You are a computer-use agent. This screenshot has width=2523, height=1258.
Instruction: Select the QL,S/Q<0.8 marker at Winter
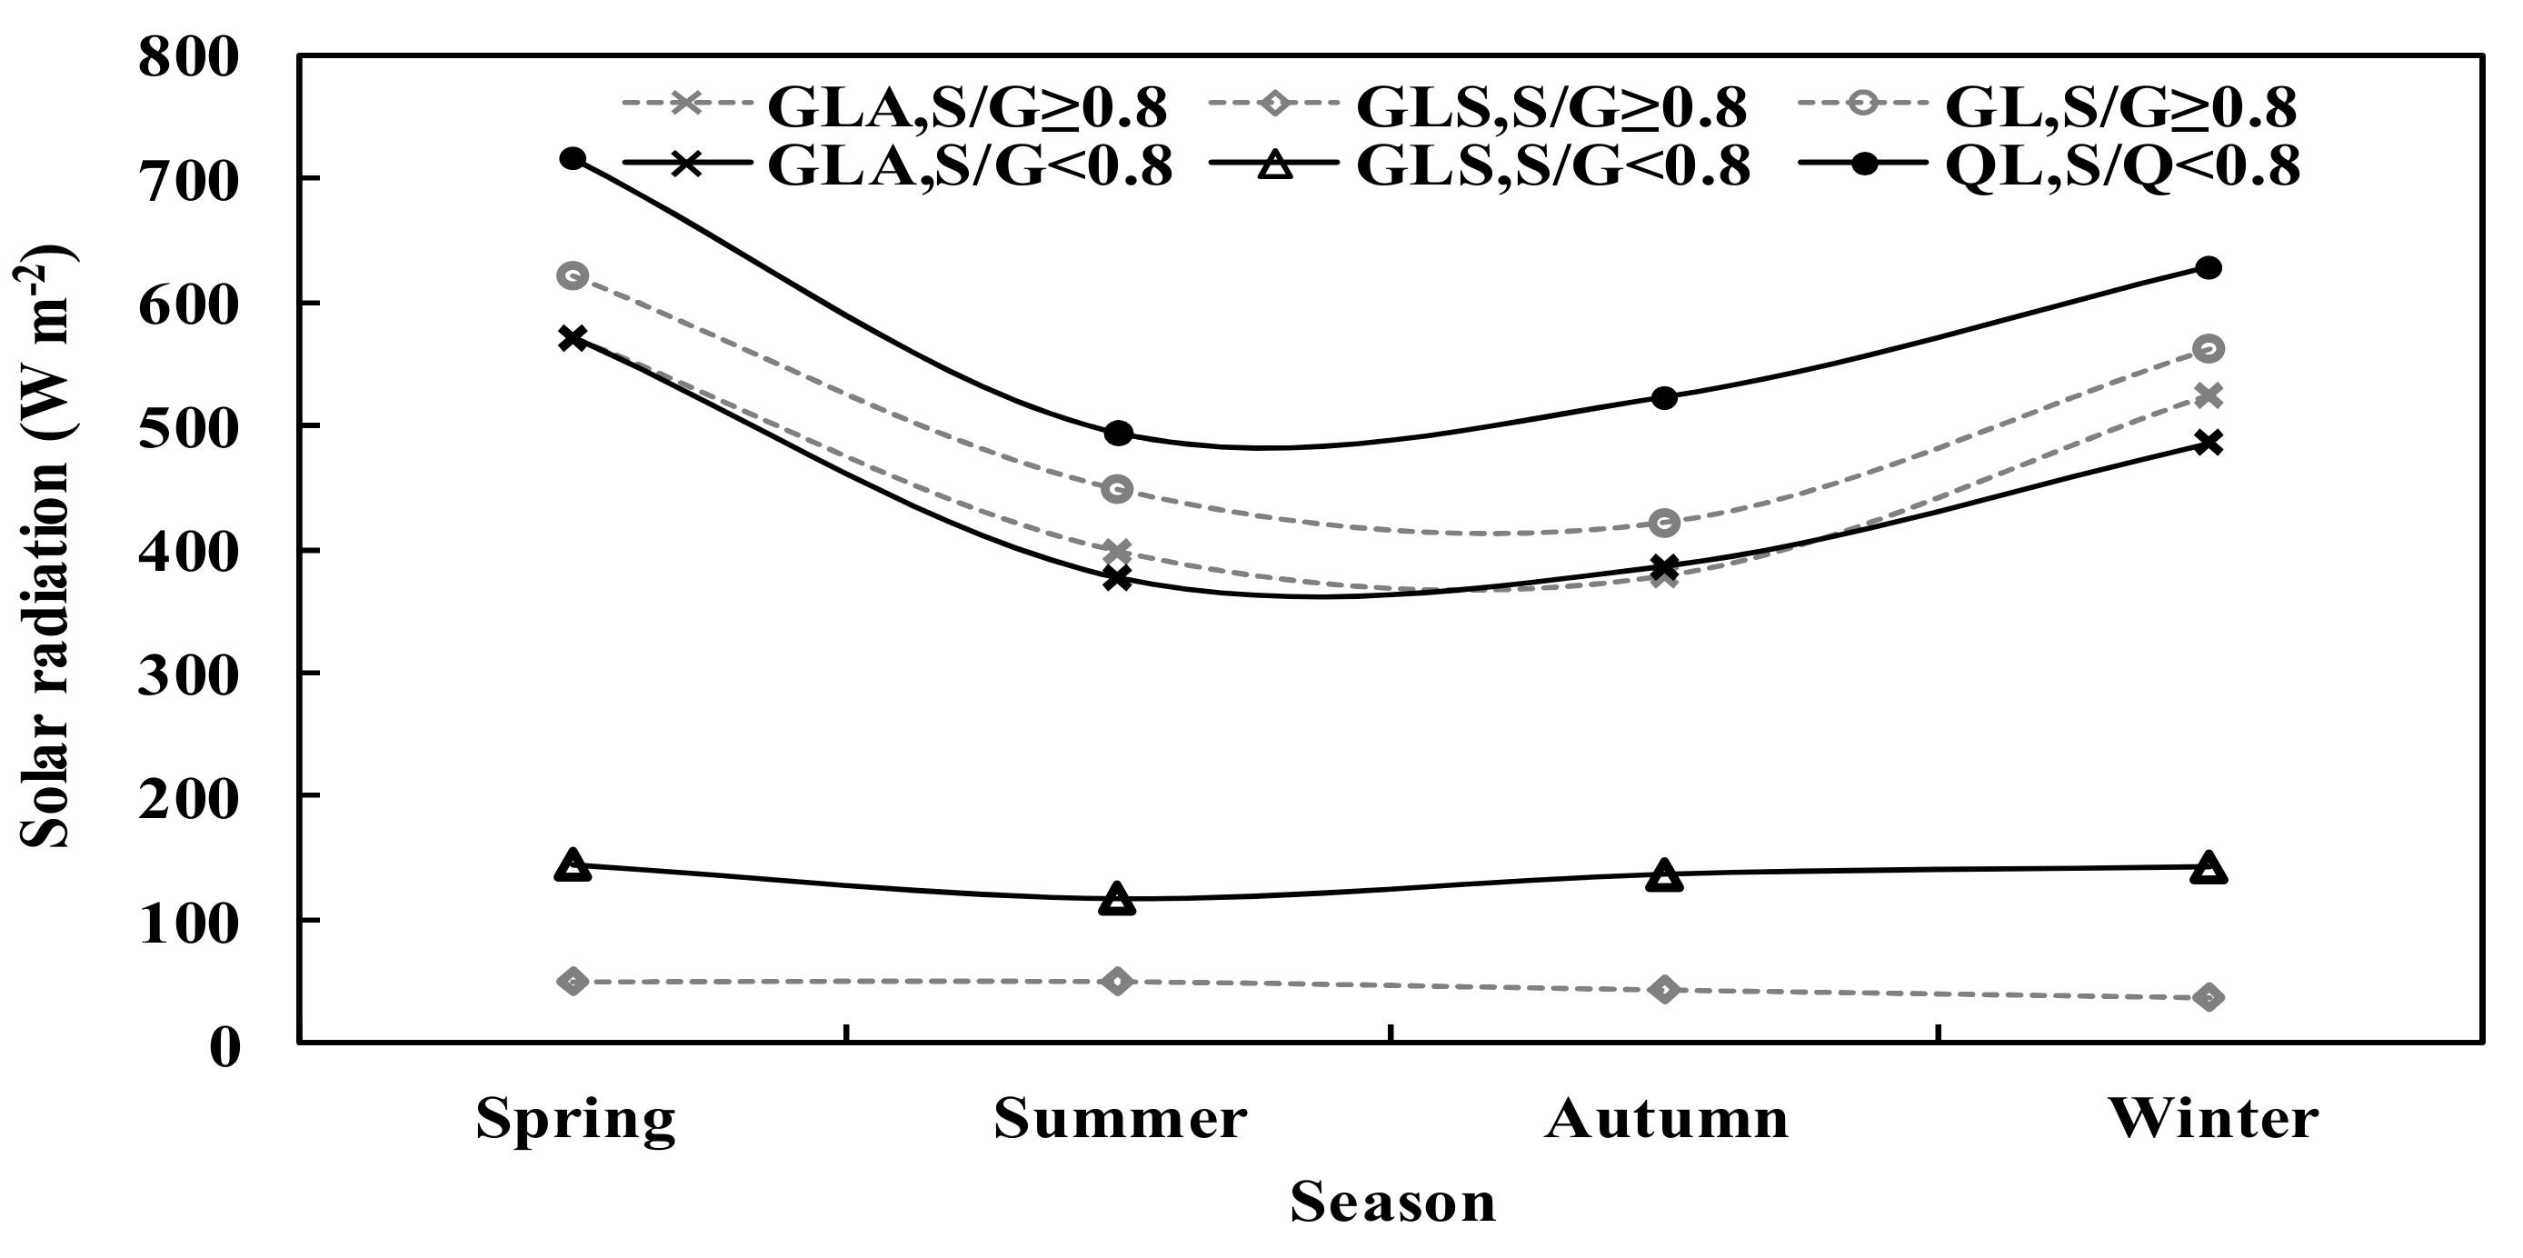2209,267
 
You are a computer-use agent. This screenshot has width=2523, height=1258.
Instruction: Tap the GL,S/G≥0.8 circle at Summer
1118,489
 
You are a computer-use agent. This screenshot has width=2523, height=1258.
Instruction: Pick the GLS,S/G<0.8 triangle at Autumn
1664,876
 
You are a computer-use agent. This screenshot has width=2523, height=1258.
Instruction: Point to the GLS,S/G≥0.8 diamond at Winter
2209,997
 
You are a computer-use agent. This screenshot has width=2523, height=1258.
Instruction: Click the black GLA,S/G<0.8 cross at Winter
2209,443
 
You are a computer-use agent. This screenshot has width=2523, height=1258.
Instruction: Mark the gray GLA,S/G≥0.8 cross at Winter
2209,394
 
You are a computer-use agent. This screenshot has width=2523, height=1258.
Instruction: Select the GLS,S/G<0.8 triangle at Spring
573,866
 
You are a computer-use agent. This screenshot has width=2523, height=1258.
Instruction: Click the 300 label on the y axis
189,674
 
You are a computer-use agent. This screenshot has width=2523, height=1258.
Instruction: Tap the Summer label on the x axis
1120,1118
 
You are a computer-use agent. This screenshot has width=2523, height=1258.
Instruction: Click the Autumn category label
1666,1118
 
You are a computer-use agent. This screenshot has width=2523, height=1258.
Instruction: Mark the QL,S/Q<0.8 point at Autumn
1664,398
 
